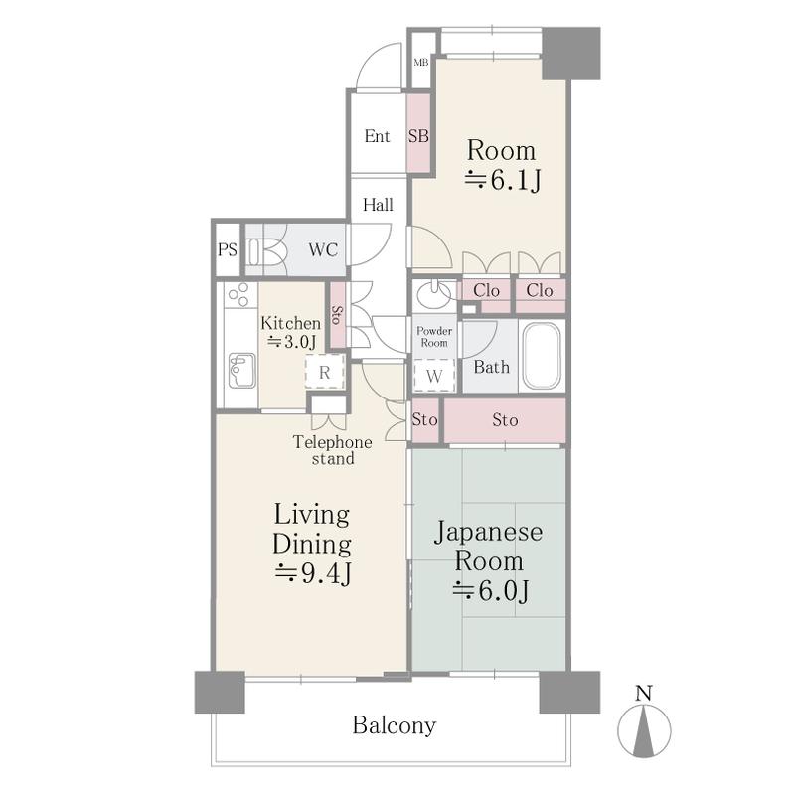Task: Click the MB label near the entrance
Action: (420, 63)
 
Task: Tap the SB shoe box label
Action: (418, 136)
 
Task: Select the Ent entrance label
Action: (378, 136)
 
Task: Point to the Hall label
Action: (378, 205)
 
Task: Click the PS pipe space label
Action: (228, 250)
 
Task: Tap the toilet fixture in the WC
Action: (266, 250)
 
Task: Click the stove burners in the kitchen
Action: (238, 295)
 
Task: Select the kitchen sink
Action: (241, 370)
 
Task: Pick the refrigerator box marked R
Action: (325, 373)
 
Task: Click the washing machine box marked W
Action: (434, 376)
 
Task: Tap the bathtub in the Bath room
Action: (542, 356)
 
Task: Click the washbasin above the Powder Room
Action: (432, 295)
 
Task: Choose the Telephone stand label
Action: (333, 451)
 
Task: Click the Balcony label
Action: (395, 725)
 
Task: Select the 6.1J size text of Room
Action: (503, 180)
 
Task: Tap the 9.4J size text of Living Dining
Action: (313, 574)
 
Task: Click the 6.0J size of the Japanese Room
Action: (490, 590)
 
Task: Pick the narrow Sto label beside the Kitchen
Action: (337, 315)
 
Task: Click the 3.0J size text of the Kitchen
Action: (292, 341)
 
